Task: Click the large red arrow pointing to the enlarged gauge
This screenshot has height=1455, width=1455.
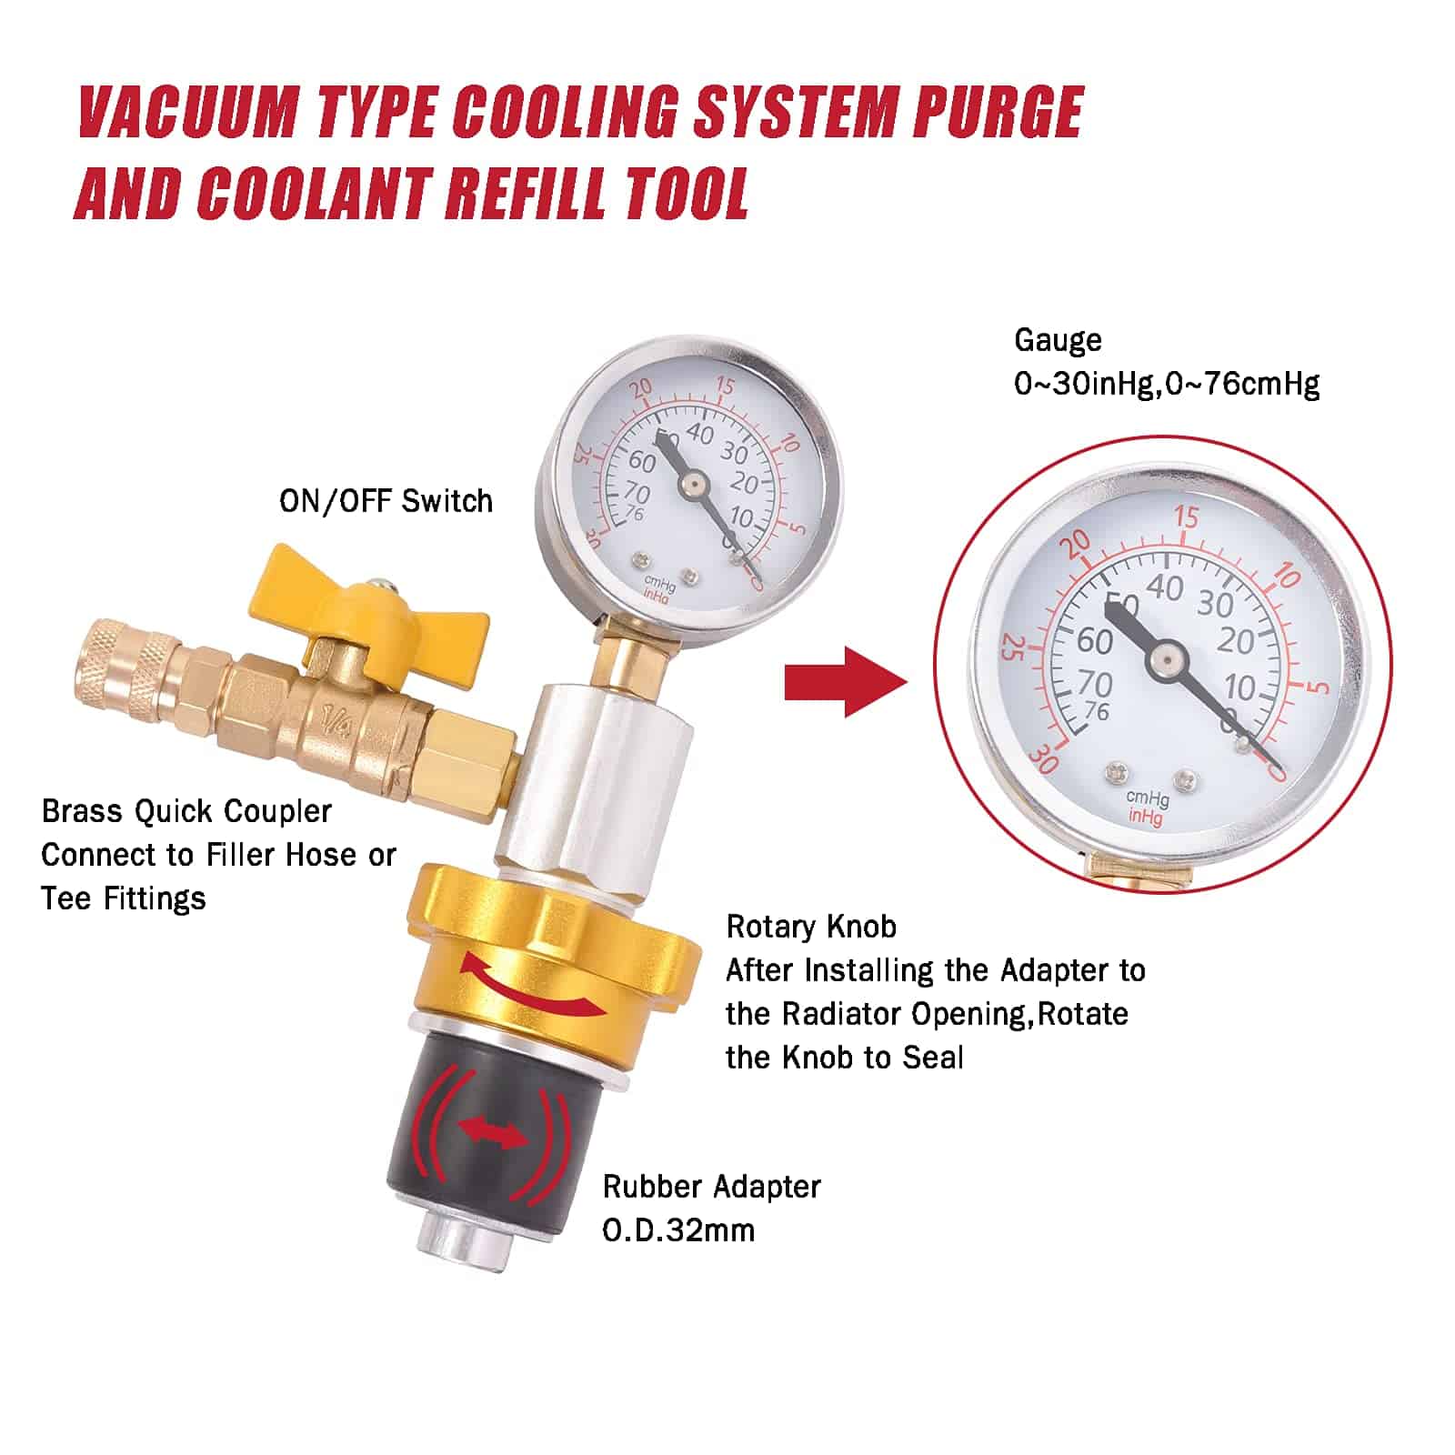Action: tap(846, 682)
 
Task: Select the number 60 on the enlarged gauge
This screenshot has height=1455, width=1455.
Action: tap(1096, 641)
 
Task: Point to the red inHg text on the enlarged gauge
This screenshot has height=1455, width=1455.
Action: tap(1146, 817)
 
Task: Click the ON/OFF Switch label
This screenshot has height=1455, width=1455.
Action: tap(386, 501)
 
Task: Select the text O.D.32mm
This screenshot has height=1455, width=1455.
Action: tap(678, 1230)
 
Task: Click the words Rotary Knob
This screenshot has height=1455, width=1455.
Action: tap(811, 927)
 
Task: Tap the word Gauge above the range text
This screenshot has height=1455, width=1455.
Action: tap(1058, 340)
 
